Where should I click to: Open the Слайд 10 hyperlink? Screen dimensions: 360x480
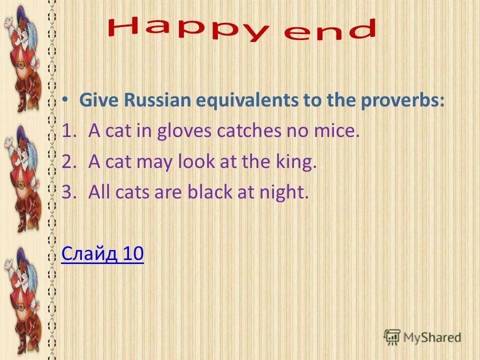[102, 254]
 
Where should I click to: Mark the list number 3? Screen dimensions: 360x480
[67, 193]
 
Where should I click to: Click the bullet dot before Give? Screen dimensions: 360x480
[66, 99]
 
